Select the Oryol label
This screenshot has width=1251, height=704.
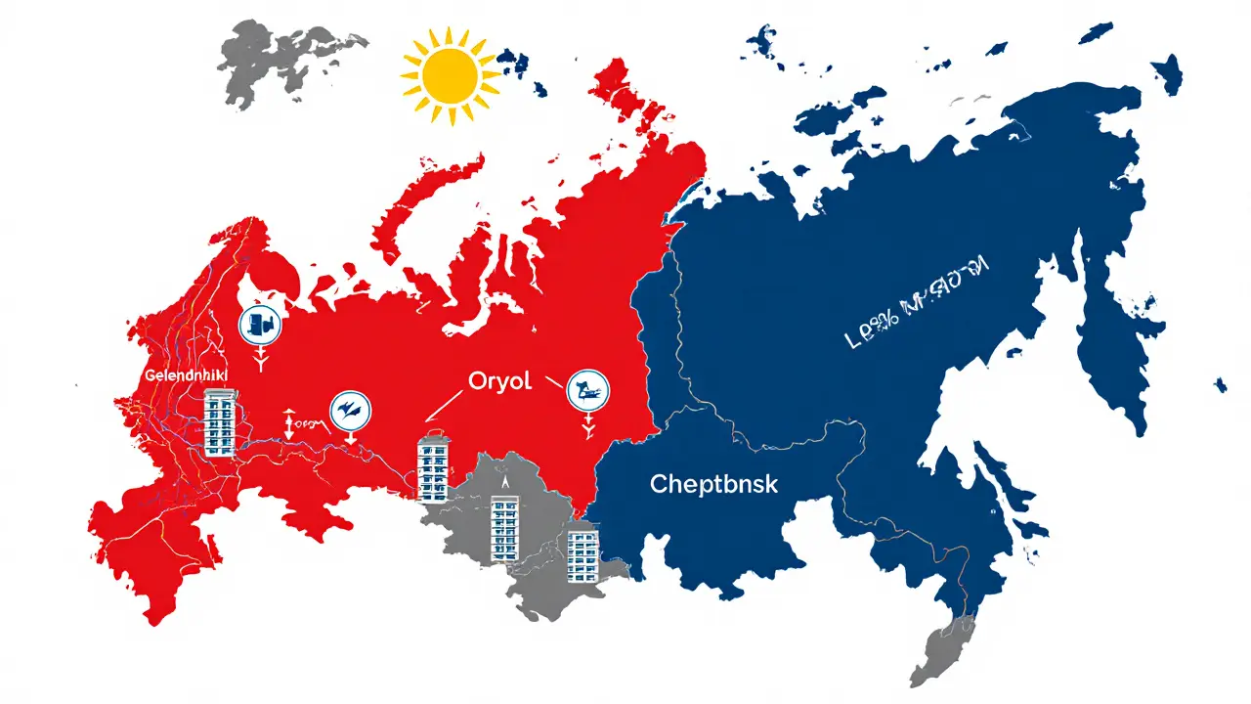(x=499, y=381)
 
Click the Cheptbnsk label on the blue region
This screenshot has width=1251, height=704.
(x=713, y=483)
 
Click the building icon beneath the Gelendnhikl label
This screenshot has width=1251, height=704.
(x=220, y=421)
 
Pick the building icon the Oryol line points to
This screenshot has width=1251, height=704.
(x=432, y=468)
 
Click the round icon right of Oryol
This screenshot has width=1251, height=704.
(x=587, y=390)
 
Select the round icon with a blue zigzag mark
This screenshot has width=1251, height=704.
(x=350, y=411)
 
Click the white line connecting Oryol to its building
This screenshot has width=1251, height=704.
(x=445, y=405)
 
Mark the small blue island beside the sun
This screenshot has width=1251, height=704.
(x=512, y=65)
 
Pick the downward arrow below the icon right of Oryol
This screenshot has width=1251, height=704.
(x=587, y=427)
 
